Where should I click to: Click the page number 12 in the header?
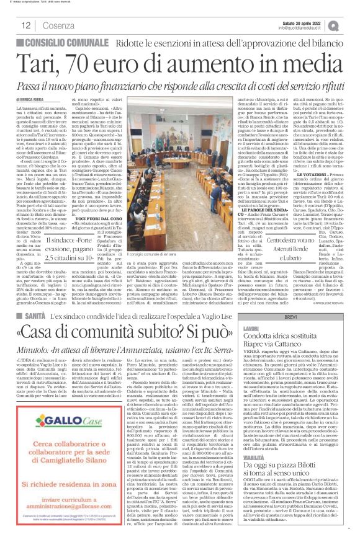(x=26, y=25)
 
